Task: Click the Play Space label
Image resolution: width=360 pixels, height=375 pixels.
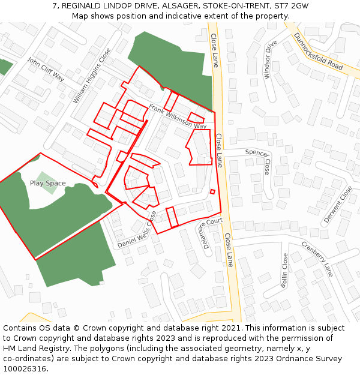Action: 48,183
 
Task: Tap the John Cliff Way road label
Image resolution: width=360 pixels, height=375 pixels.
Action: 46,69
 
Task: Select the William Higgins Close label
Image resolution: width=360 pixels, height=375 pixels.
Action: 92,76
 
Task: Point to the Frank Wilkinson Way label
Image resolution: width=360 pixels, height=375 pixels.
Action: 178,116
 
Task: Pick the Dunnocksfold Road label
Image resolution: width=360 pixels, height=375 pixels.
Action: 318,50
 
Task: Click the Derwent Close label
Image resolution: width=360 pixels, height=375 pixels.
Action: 339,205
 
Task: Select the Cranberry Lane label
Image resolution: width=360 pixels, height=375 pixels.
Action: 317,258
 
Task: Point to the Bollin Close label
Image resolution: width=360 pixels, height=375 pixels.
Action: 284,270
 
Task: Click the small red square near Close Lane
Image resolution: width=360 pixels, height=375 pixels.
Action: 212,192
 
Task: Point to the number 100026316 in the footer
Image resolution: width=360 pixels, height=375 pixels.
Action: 24,369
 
